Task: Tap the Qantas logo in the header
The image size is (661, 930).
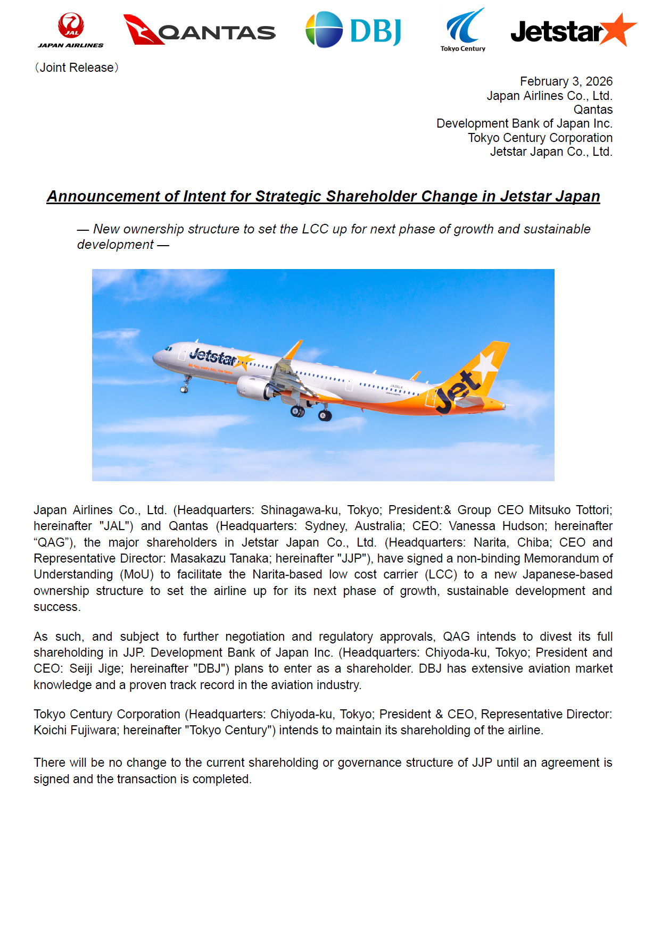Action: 200,30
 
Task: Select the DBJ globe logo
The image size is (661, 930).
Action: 324,30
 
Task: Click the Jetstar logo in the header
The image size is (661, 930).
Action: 573,31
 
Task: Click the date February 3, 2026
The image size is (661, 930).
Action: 566,81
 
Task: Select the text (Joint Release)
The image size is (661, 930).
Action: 77,68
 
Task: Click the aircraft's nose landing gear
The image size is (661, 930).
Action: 185,387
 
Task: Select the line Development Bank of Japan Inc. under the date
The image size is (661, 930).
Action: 524,123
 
